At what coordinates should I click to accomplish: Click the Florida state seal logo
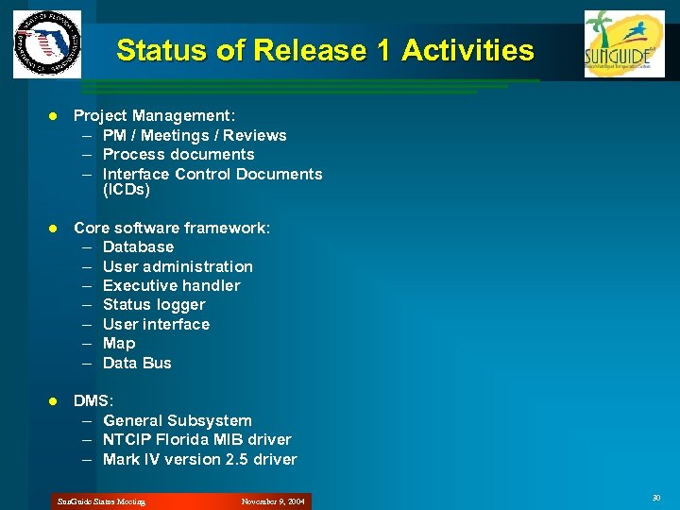coord(47,43)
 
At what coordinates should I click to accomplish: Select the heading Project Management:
coord(155,115)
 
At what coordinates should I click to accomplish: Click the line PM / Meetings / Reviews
coord(194,135)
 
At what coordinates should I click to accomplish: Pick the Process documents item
coord(178,154)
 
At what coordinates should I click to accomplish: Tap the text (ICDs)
coord(126,190)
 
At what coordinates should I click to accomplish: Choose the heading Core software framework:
coord(172,228)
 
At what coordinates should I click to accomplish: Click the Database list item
coord(138,246)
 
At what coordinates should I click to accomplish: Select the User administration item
coord(178,266)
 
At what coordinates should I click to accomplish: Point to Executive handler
coord(171,285)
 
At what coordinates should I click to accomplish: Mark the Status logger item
coord(153,304)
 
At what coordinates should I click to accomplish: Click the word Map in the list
coord(119,343)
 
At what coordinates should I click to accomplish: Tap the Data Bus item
coord(137,363)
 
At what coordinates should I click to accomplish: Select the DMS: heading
coord(92,401)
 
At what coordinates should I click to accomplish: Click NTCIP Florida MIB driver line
coord(196,439)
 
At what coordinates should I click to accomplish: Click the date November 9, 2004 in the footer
coord(273,501)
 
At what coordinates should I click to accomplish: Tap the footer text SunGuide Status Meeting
coord(101,501)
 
